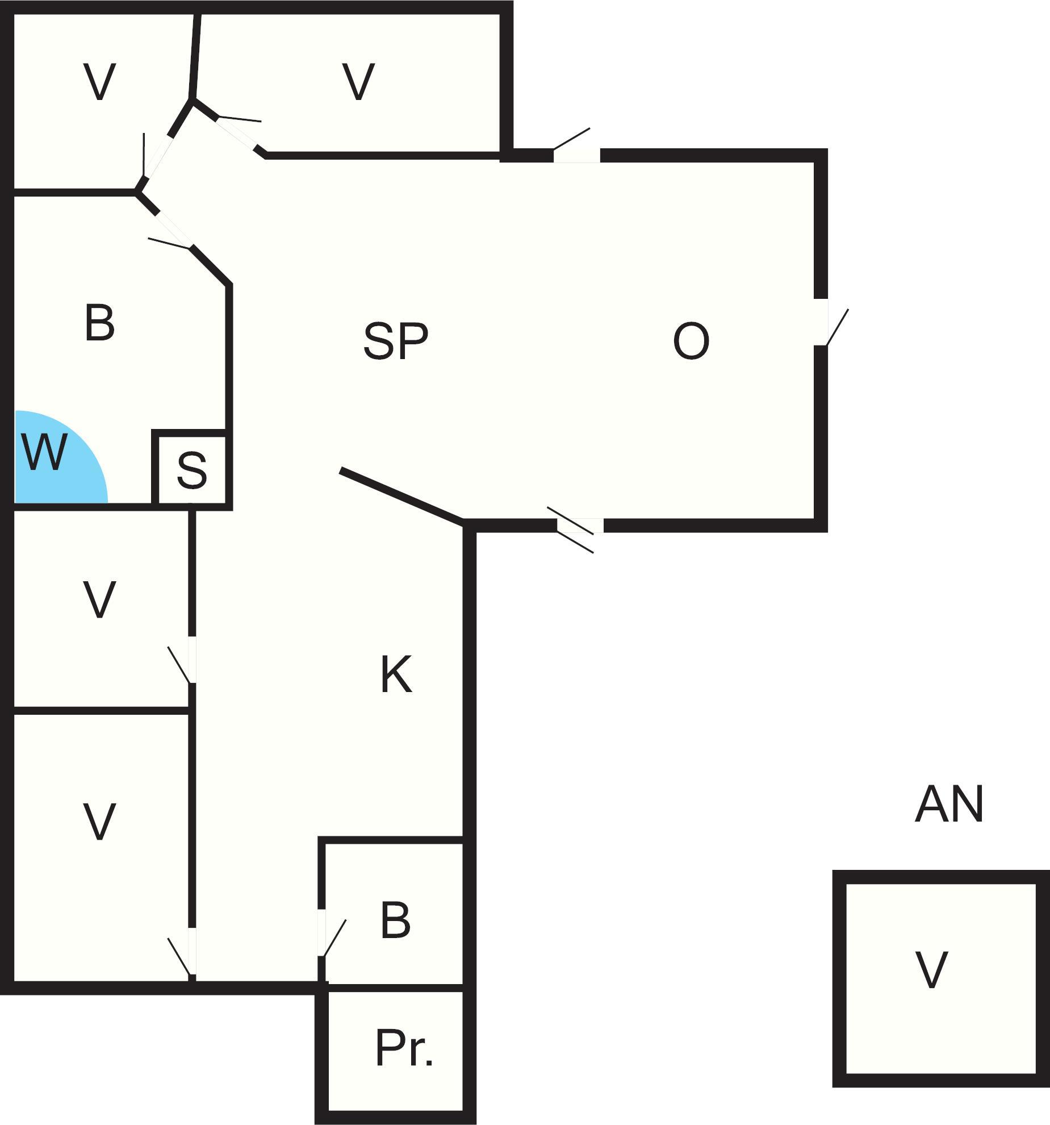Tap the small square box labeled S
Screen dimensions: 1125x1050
click(x=191, y=470)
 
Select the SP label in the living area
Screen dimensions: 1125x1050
click(x=395, y=341)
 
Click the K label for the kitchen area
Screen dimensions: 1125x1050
click(x=395, y=674)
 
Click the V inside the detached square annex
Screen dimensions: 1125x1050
click(x=931, y=970)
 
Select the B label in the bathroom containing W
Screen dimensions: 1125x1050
click(x=99, y=323)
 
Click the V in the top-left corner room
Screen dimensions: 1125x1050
click(x=99, y=82)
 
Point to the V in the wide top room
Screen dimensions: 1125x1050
click(x=358, y=82)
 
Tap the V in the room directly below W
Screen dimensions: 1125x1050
click(x=99, y=599)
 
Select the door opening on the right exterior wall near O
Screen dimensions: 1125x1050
click(x=821, y=322)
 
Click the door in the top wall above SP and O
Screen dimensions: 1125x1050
click(x=576, y=155)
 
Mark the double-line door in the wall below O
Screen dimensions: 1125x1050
click(x=579, y=526)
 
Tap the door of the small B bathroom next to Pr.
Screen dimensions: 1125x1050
click(x=322, y=933)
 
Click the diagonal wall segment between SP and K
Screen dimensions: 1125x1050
click(x=402, y=495)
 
